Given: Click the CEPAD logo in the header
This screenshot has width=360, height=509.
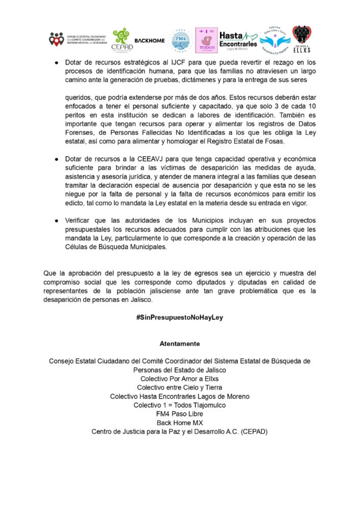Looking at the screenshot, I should pyautogui.click(x=121, y=40).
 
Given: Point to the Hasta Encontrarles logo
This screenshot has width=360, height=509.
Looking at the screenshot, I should pyautogui.click(x=238, y=39).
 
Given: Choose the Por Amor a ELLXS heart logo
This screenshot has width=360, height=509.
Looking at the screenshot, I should pyautogui.click(x=301, y=39).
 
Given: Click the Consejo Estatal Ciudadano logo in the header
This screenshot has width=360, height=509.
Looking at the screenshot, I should pyautogui.click(x=78, y=39).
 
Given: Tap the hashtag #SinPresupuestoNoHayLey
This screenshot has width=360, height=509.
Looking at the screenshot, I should pyautogui.click(x=180, y=317).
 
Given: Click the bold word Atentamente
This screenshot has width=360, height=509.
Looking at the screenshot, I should pyautogui.click(x=180, y=344).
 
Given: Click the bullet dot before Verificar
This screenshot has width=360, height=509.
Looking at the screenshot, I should pyautogui.click(x=58, y=220).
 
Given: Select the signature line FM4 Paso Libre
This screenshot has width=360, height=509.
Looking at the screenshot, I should pyautogui.click(x=180, y=414).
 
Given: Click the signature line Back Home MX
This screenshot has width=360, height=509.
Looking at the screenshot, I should pyautogui.click(x=180, y=422).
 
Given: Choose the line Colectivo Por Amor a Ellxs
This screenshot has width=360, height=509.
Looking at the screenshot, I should pyautogui.click(x=180, y=379).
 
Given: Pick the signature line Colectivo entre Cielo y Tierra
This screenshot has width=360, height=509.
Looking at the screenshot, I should pyautogui.click(x=180, y=387).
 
